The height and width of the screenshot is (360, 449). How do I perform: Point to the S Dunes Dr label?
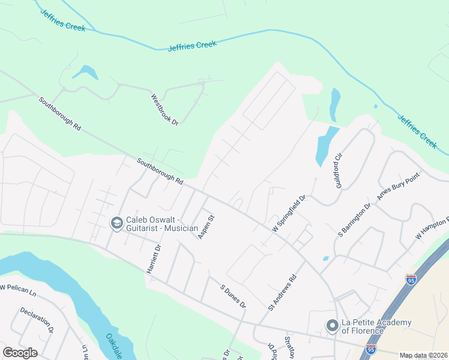[x=234, y=296]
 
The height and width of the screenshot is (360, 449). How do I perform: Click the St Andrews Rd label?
[x=283, y=292]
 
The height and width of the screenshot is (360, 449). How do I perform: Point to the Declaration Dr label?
[x=37, y=320]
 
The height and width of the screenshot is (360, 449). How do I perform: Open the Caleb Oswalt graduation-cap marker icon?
[x=116, y=223]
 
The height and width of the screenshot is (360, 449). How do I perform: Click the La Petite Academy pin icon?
[x=332, y=326]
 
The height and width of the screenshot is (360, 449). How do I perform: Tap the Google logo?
[x=20, y=353]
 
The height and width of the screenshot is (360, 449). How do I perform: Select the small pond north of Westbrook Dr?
[x=86, y=72]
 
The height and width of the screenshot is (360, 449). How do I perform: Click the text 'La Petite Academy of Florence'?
[x=376, y=326]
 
